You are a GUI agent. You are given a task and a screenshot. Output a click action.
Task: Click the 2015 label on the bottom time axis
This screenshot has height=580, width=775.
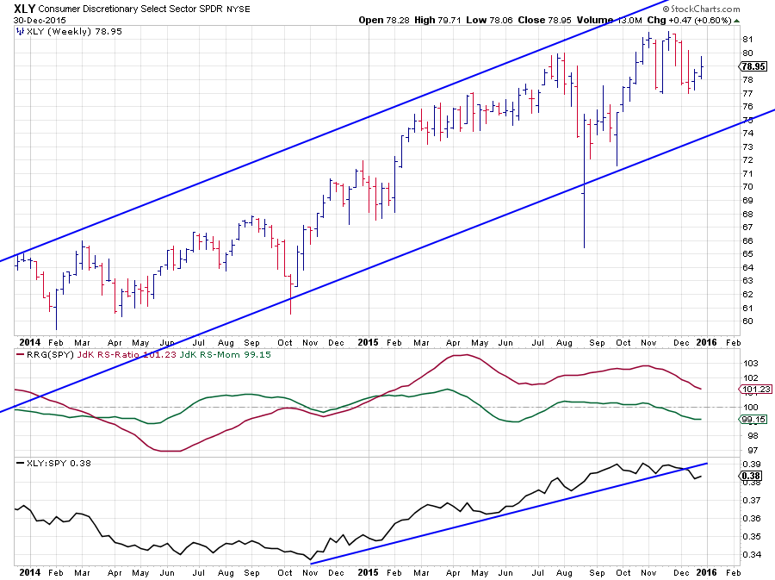click(x=368, y=571)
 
